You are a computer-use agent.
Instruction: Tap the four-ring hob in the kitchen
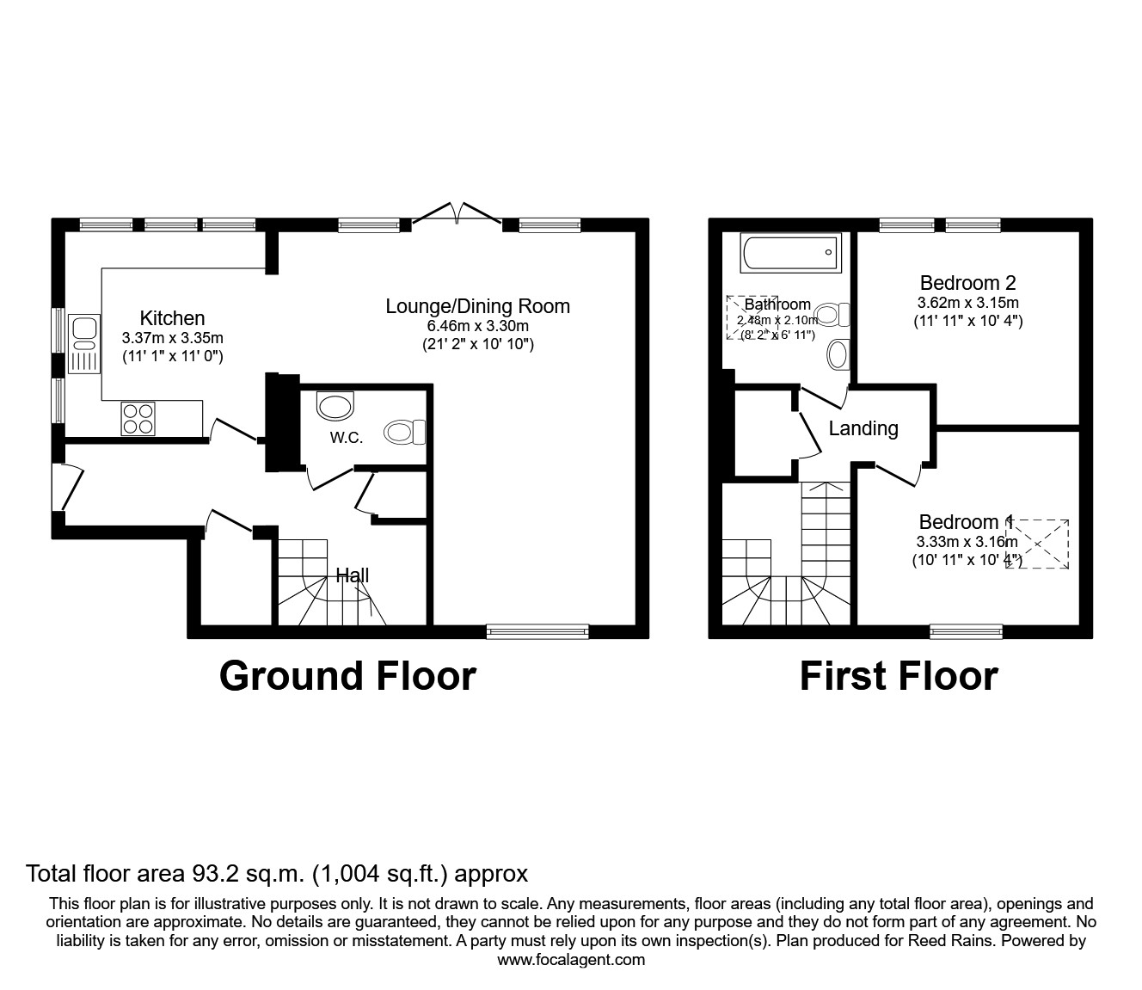pos(138,418)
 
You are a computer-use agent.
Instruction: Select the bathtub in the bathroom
pos(789,253)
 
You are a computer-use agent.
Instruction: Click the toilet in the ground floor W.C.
pos(405,432)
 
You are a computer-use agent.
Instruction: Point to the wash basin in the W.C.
pos(335,405)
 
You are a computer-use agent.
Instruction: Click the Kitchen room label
pos(172,318)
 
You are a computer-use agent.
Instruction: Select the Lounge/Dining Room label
pos(477,306)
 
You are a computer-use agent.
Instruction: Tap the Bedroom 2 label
pos(967,283)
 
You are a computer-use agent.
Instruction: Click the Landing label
pos(863,428)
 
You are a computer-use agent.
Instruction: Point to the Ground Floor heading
pos(347,676)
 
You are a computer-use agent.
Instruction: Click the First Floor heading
pos(899,676)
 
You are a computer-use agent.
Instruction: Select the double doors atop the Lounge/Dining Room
pos(457,215)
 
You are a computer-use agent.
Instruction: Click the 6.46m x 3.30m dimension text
pos(477,326)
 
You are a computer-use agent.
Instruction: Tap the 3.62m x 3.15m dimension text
pos(967,303)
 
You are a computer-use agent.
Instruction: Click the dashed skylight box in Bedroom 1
pos(1039,544)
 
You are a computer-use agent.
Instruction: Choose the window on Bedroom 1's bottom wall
pos(966,631)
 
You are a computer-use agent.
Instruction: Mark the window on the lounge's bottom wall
pos(537,631)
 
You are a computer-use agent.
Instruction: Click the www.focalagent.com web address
pos(571,960)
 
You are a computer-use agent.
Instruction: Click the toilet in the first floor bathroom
pos(832,315)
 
